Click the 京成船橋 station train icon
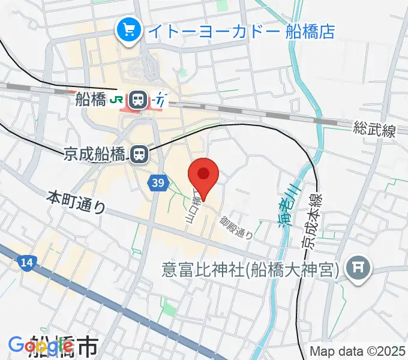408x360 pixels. pyautogui.click(x=139, y=155)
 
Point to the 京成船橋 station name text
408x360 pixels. pyautogui.click(x=95, y=155)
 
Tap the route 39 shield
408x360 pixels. pyautogui.click(x=157, y=182)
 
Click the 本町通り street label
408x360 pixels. pyautogui.click(x=76, y=202)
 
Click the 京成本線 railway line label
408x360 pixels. pyautogui.click(x=312, y=220)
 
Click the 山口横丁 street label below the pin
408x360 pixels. pyautogui.click(x=192, y=208)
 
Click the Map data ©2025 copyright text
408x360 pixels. pyautogui.click(x=358, y=351)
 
